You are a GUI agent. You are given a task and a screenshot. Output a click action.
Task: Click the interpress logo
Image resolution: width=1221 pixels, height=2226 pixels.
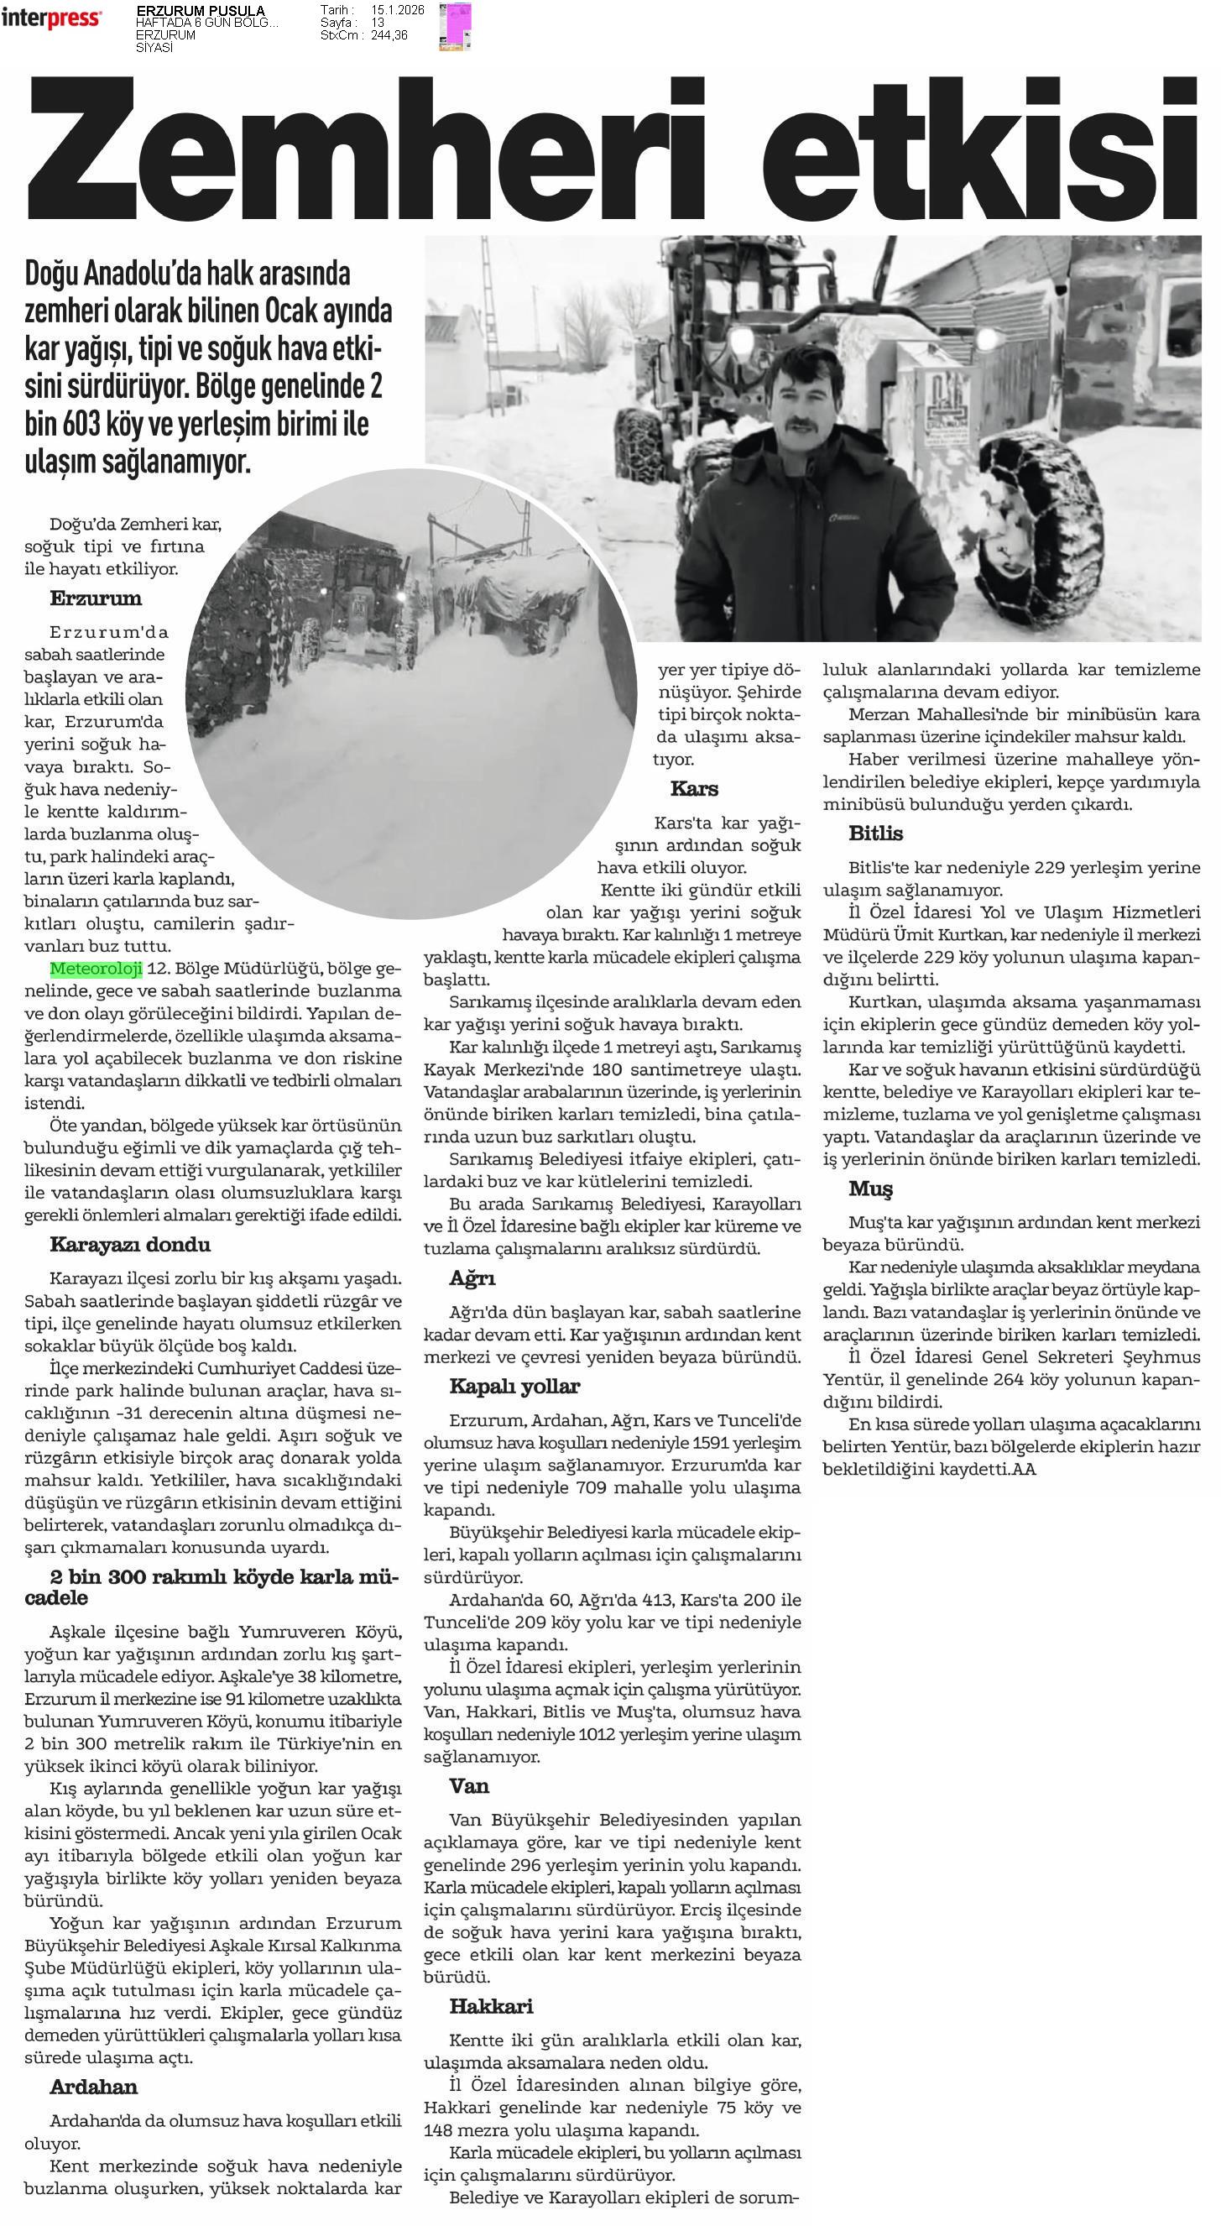tap(51, 18)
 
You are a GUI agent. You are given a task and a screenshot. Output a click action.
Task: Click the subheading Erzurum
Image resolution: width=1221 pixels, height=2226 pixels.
tap(95, 598)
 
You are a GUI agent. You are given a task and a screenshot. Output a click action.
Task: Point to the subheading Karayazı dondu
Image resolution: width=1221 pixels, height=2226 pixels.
tap(129, 1246)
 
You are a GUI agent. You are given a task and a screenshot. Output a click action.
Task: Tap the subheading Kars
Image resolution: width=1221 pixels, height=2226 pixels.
tap(694, 789)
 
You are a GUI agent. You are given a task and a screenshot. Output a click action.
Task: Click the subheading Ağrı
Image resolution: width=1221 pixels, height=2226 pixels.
tap(472, 1278)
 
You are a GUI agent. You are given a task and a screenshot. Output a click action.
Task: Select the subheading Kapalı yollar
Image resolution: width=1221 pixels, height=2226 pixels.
tap(514, 1386)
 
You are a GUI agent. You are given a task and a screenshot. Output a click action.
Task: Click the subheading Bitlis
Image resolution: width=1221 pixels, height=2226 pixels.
tap(875, 833)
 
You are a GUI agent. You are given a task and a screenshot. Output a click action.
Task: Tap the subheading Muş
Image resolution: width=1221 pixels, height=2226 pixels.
tap(870, 1189)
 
